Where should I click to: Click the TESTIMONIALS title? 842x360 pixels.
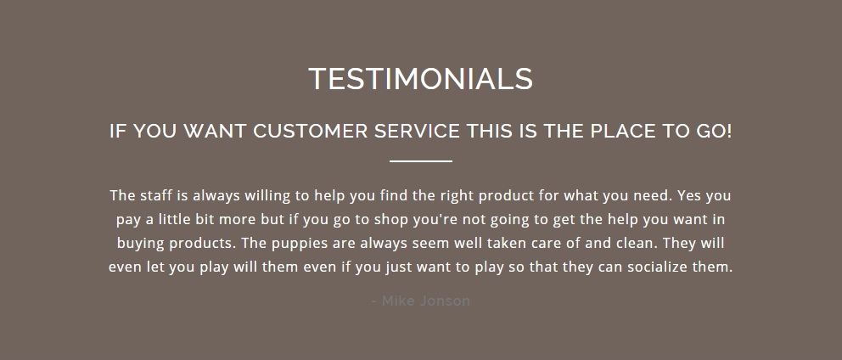[x=420, y=78]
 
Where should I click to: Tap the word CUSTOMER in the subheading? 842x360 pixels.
[x=311, y=131]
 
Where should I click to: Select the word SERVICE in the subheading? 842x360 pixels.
[x=417, y=131]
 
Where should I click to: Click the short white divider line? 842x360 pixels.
[x=421, y=160]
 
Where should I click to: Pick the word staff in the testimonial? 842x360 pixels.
[x=156, y=195]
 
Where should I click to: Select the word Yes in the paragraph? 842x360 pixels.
[x=689, y=195]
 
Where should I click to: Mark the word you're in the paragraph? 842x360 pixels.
[x=434, y=220]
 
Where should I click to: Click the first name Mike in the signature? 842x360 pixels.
[x=397, y=301]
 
